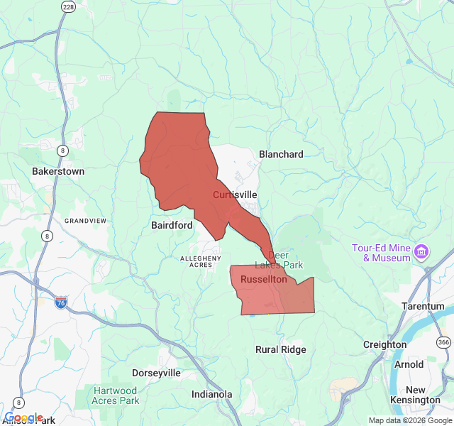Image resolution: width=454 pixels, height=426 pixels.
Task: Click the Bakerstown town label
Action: pos(58,171)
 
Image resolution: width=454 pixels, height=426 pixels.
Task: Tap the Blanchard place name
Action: pos(281,154)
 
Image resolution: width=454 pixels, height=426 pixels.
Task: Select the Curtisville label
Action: pos(235,195)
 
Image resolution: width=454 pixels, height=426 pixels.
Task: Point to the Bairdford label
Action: pos(172,225)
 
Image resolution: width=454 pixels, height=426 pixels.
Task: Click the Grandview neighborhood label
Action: pos(85,221)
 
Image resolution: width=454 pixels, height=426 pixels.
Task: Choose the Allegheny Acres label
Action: pos(201,261)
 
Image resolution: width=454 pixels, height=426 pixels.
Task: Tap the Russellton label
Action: pos(264,280)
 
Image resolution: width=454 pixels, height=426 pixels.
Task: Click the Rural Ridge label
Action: pos(281,349)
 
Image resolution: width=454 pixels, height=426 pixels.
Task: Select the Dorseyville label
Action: pos(157,373)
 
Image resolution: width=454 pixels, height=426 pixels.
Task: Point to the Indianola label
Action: pos(212,394)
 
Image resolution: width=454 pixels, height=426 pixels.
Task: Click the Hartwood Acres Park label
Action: pos(114,395)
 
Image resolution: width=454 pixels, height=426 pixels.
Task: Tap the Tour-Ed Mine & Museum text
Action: pos(382,253)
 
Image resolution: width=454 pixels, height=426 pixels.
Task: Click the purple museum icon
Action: pos(422,251)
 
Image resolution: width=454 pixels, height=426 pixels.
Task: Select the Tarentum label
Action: pos(423,306)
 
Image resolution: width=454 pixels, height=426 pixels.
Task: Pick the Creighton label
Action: pos(385,344)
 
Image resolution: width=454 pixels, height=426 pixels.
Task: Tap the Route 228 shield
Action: pos(68,7)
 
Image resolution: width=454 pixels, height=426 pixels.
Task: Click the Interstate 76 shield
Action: pos(61,302)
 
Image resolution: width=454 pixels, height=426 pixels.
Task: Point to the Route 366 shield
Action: pos(444,343)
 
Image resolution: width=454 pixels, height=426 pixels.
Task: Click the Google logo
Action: pos(24,417)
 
